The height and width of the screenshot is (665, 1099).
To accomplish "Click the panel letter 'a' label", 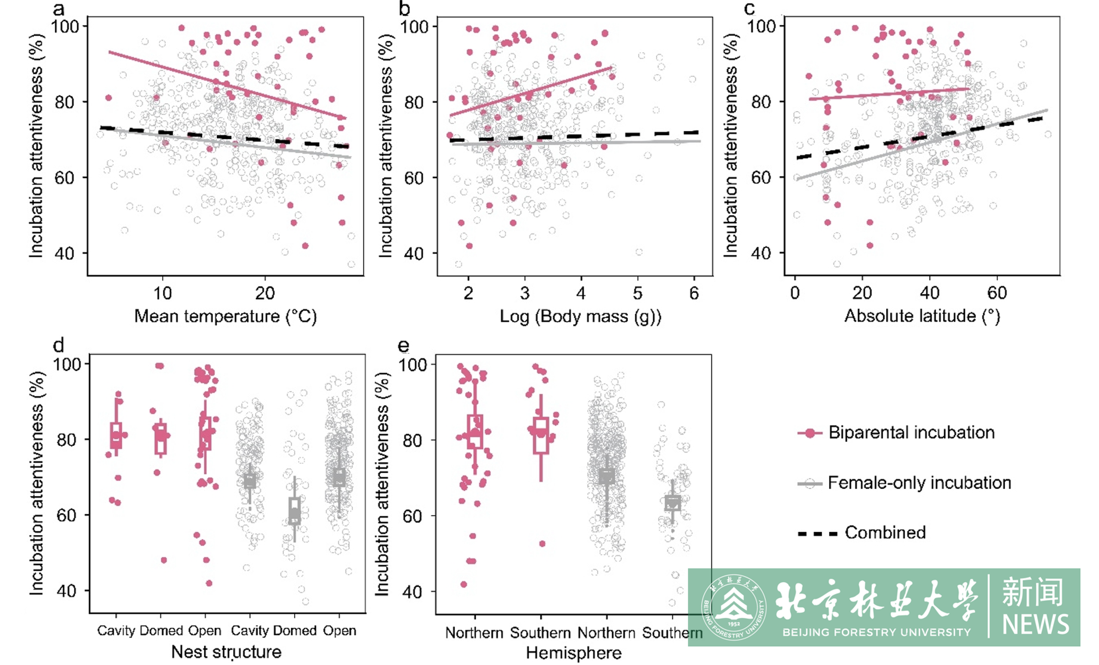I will coord(59,9).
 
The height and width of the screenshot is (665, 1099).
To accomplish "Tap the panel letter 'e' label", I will coord(403,346).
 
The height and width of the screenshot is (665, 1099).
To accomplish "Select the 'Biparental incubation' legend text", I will coord(911,433).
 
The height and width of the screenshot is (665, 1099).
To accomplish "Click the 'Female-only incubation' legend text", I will coord(919,483).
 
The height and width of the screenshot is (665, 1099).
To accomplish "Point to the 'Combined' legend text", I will coord(885,532).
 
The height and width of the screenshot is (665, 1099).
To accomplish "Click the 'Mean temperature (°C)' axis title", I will coord(225,316).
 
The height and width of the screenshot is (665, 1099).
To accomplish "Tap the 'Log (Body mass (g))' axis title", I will coord(580,316).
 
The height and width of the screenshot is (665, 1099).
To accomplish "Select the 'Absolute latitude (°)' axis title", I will coord(922,316).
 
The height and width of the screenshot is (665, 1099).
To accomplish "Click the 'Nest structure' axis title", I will coord(226,652).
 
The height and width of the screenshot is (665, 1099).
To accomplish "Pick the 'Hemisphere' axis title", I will coord(573,653).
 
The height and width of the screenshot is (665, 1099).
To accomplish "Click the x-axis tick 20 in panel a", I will coord(265,293).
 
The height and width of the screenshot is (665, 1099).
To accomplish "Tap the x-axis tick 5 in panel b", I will coord(637,293).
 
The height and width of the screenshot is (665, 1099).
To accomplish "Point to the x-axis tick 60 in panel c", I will coord(997,293).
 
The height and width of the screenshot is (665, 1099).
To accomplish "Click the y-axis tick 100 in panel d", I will coord(68,365).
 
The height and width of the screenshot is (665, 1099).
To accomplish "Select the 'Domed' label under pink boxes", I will coord(160,631).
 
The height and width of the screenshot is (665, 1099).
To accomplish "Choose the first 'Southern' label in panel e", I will coord(540,633).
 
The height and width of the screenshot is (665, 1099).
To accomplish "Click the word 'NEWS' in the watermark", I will coord(1035,624).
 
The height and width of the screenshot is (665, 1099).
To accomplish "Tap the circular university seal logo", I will coord(734,607).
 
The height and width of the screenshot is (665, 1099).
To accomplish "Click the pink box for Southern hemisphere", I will coord(541,435).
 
